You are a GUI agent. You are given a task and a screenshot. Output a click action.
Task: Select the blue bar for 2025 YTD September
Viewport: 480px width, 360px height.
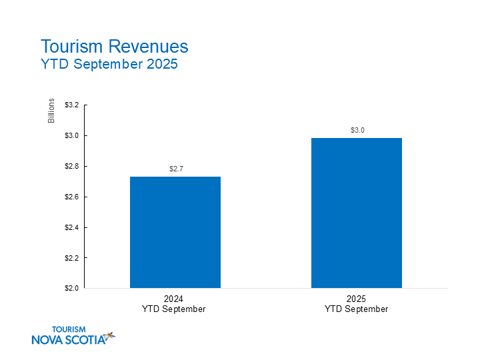pyautogui.click(x=357, y=213)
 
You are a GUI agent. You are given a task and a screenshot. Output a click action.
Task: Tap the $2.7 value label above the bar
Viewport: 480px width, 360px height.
pyautogui.click(x=175, y=169)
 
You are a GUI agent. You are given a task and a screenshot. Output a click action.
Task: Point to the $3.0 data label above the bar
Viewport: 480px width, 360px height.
pyautogui.click(x=357, y=131)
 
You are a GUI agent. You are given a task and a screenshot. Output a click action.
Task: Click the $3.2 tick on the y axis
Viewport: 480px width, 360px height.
pyautogui.click(x=71, y=105)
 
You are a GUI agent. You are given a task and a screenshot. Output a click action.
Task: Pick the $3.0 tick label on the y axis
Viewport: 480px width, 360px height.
pyautogui.click(x=71, y=136)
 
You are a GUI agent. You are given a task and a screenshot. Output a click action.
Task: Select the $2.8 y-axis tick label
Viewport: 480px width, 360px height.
pyautogui.click(x=71, y=167)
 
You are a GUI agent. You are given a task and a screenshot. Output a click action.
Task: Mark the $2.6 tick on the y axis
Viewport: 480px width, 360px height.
pyautogui.click(x=71, y=197)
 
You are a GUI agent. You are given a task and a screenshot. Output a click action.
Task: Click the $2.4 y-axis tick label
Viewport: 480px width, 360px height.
pyautogui.click(x=71, y=227)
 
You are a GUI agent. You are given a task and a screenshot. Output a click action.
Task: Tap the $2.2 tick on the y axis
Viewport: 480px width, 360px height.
pyautogui.click(x=71, y=258)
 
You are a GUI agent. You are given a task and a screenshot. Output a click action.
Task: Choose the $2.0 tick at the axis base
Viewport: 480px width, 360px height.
pyautogui.click(x=71, y=289)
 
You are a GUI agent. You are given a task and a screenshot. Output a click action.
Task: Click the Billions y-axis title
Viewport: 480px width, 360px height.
pyautogui.click(x=51, y=111)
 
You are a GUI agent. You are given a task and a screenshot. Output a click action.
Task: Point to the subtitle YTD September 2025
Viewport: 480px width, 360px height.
pyautogui.click(x=109, y=65)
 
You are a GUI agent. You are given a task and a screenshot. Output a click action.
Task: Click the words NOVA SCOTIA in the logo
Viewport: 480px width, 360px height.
pyautogui.click(x=68, y=340)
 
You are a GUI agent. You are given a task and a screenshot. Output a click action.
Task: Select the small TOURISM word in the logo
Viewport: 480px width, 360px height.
pyautogui.click(x=69, y=329)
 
